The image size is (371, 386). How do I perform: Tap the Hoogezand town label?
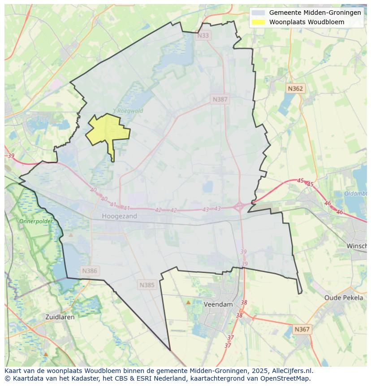pos(119,216)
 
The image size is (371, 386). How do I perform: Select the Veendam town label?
pos(218,304)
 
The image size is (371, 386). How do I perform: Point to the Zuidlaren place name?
pos(60,317)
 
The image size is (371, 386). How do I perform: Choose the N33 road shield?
pos(203,35)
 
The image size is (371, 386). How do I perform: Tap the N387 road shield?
pos(220,100)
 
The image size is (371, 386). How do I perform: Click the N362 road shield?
pos(295,89)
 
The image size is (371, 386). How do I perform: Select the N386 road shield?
pos(90,271)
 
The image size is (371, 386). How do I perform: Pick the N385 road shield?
pos(147,285)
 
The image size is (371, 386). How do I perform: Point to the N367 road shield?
pos(302,330)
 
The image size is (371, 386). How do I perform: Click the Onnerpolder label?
pos(36,221)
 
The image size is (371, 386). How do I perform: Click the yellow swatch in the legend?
pos(258,22)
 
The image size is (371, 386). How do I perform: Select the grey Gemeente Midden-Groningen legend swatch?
pos(258,13)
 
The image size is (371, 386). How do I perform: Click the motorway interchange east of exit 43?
pos(239,207)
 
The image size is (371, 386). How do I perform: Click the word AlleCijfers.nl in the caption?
pos(292,371)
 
